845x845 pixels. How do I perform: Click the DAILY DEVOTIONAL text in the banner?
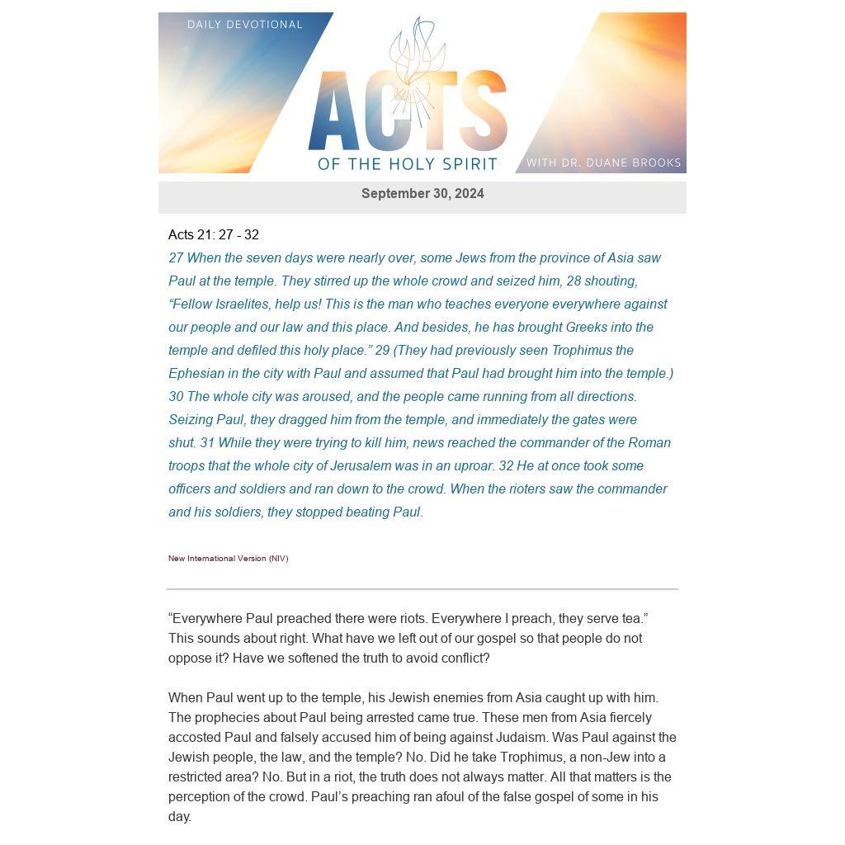[245, 25]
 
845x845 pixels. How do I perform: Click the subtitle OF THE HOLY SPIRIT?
[408, 163]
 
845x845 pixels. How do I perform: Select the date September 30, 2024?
[422, 194]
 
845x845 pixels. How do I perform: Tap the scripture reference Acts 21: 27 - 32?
[214, 235]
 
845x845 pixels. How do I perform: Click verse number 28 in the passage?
[574, 281]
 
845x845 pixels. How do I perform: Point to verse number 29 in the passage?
[382, 351]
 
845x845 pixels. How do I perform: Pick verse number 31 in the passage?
[207, 443]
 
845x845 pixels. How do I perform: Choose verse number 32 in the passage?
[506, 466]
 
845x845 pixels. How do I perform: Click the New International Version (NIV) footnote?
[229, 559]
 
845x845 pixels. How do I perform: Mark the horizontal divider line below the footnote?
[422, 589]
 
